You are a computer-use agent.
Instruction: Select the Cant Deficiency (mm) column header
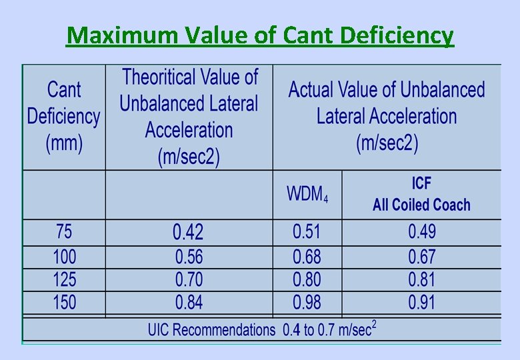(x=64, y=117)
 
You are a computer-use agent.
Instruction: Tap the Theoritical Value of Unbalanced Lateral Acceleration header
(x=189, y=117)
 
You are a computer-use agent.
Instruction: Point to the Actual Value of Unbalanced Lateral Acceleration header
(x=386, y=117)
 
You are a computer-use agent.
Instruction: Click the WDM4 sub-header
(x=307, y=195)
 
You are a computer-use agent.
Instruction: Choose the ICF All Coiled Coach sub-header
(x=421, y=195)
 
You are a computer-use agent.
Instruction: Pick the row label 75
(x=64, y=232)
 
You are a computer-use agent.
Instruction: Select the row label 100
(x=64, y=257)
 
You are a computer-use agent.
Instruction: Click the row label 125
(x=64, y=279)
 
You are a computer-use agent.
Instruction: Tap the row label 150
(x=64, y=303)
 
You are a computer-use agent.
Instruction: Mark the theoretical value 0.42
(x=189, y=232)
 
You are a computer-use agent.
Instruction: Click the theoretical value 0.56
(x=189, y=257)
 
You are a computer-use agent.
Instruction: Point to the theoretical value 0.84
(x=189, y=303)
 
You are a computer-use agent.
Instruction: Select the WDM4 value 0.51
(x=307, y=232)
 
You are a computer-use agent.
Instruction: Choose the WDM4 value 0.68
(x=307, y=257)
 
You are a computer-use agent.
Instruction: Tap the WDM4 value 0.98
(x=307, y=303)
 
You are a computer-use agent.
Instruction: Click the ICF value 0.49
(x=421, y=232)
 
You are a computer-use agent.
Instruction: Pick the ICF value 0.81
(x=421, y=279)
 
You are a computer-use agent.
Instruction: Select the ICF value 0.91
(x=421, y=303)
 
